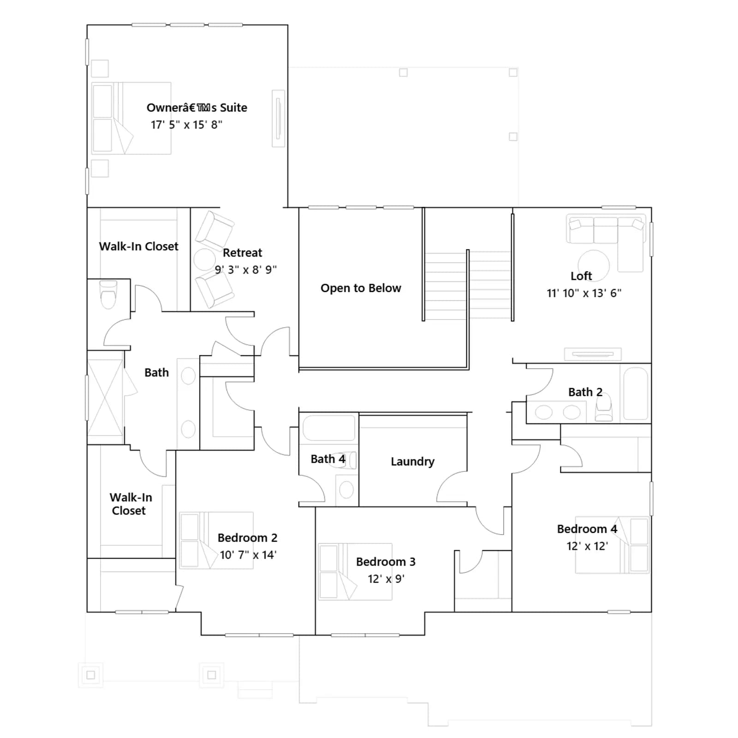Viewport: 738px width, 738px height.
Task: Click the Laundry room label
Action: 412,462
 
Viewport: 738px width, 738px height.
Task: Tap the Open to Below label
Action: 361,288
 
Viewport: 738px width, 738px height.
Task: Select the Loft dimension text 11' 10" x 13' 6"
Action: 584,293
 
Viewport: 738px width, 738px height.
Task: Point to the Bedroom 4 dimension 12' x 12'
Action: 587,546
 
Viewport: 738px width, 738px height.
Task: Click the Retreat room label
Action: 242,253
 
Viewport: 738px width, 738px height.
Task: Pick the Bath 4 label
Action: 328,459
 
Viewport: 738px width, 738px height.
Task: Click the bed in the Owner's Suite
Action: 131,119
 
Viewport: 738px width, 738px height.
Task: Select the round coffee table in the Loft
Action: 594,265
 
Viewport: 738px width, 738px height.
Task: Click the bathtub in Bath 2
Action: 636,393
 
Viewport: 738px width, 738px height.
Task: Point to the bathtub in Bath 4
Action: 329,428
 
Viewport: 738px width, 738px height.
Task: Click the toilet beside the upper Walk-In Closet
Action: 108,294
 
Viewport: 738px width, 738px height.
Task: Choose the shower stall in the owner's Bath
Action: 106,398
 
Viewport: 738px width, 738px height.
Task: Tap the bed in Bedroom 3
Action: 355,571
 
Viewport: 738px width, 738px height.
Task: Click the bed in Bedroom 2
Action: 216,540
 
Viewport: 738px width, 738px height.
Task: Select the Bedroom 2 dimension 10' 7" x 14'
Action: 248,555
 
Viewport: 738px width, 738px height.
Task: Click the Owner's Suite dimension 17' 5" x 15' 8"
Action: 186,125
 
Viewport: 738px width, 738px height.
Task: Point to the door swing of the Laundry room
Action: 452,487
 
